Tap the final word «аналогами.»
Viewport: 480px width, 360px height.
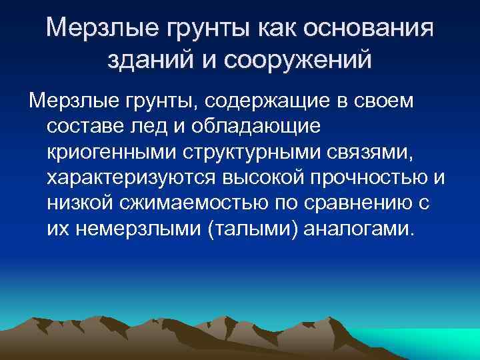[358, 229]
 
